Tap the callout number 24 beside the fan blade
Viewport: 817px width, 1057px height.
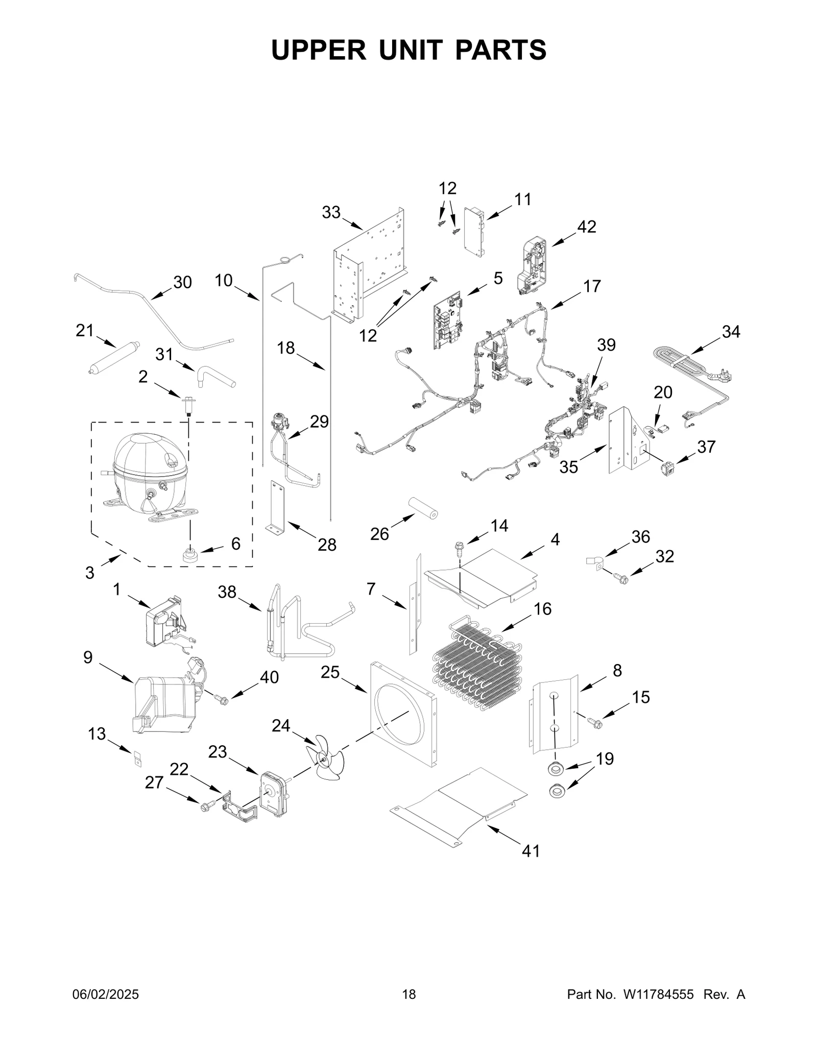click(280, 725)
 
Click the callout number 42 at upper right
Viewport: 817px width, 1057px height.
click(586, 227)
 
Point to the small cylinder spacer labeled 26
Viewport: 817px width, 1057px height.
click(423, 507)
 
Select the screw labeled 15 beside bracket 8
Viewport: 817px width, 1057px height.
click(595, 723)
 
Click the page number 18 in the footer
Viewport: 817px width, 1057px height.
click(409, 1009)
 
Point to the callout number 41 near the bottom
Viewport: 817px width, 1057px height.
click(531, 851)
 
